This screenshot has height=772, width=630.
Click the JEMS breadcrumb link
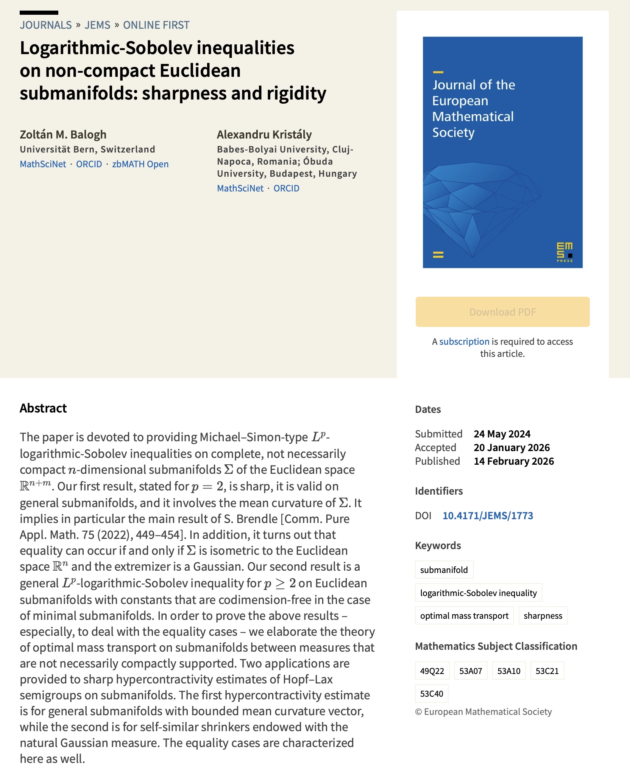point(97,25)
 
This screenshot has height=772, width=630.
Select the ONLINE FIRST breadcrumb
point(156,25)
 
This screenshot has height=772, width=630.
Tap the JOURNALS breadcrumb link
point(46,25)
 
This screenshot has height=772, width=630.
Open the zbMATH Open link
point(140,164)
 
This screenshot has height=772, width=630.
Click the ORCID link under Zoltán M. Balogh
point(89,164)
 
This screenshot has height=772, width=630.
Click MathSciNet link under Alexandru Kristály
point(240,188)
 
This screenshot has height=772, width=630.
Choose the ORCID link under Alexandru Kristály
point(286,188)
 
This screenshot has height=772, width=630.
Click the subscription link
point(464,342)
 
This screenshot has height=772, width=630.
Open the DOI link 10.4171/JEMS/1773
point(488,516)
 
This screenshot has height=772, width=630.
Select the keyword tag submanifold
point(444,570)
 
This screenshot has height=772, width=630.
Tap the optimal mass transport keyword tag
point(464,616)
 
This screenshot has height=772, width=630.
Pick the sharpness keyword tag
point(543,616)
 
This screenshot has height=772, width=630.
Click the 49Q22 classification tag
point(432,671)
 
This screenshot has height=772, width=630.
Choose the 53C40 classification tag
point(432,694)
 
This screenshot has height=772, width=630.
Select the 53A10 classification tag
point(509,671)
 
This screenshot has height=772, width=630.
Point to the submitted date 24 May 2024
point(502,434)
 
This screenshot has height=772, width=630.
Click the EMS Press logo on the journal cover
point(565,252)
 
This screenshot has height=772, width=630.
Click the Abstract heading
point(43,408)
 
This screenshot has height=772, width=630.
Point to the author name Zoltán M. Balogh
point(63,135)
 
